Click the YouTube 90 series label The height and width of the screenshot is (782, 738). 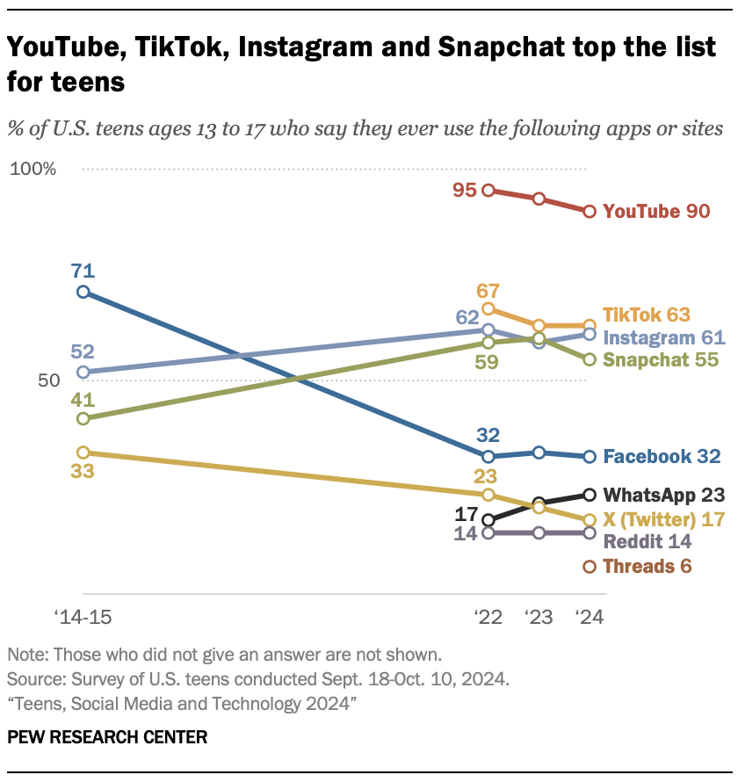tap(656, 212)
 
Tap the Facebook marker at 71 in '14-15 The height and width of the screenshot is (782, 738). tap(83, 292)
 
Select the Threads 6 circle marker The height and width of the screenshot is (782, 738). tap(590, 567)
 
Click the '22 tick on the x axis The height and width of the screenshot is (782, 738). tap(488, 617)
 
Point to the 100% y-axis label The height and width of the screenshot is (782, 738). tap(33, 169)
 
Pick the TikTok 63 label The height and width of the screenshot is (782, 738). tap(647, 315)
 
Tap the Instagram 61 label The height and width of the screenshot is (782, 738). tap(663, 337)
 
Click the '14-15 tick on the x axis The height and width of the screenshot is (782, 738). tap(80, 617)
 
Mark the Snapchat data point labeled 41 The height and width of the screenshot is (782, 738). tap(83, 418)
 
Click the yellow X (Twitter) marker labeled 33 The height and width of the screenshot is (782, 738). tap(83, 453)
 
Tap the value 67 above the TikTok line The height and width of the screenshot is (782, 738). tap(488, 291)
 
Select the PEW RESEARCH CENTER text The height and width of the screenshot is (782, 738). tap(107, 737)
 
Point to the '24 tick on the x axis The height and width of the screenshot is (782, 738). tap(589, 617)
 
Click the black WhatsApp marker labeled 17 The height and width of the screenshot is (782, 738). tap(488, 519)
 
